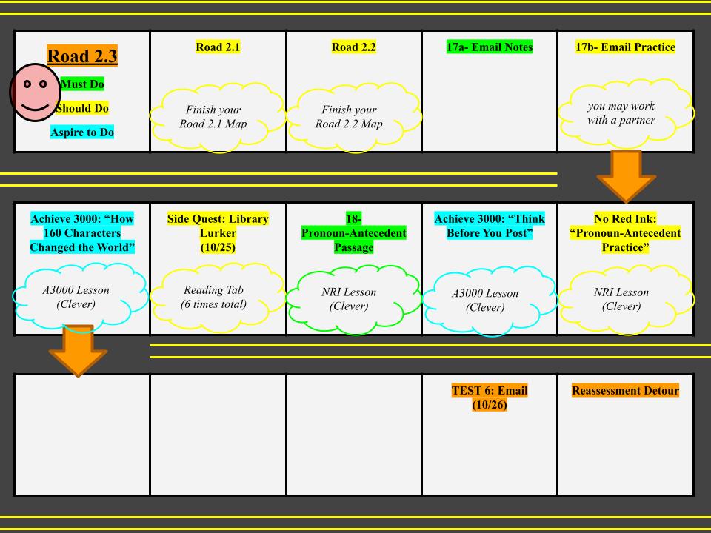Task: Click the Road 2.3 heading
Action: [82, 56]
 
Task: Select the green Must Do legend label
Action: [82, 84]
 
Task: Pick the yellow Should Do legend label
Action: [82, 108]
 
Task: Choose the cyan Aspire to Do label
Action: [82, 133]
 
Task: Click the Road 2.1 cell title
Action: [218, 47]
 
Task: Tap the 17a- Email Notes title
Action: [490, 47]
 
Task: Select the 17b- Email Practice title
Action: [625, 47]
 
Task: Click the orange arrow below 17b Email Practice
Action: [626, 175]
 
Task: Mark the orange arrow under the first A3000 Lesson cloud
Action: [78, 350]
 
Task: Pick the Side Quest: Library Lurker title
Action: [218, 233]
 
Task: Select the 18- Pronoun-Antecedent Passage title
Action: [354, 233]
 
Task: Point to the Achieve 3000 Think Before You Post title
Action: [490, 226]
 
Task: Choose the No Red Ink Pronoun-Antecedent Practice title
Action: [625, 233]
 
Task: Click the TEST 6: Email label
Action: [490, 398]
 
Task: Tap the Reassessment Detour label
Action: [625, 391]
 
